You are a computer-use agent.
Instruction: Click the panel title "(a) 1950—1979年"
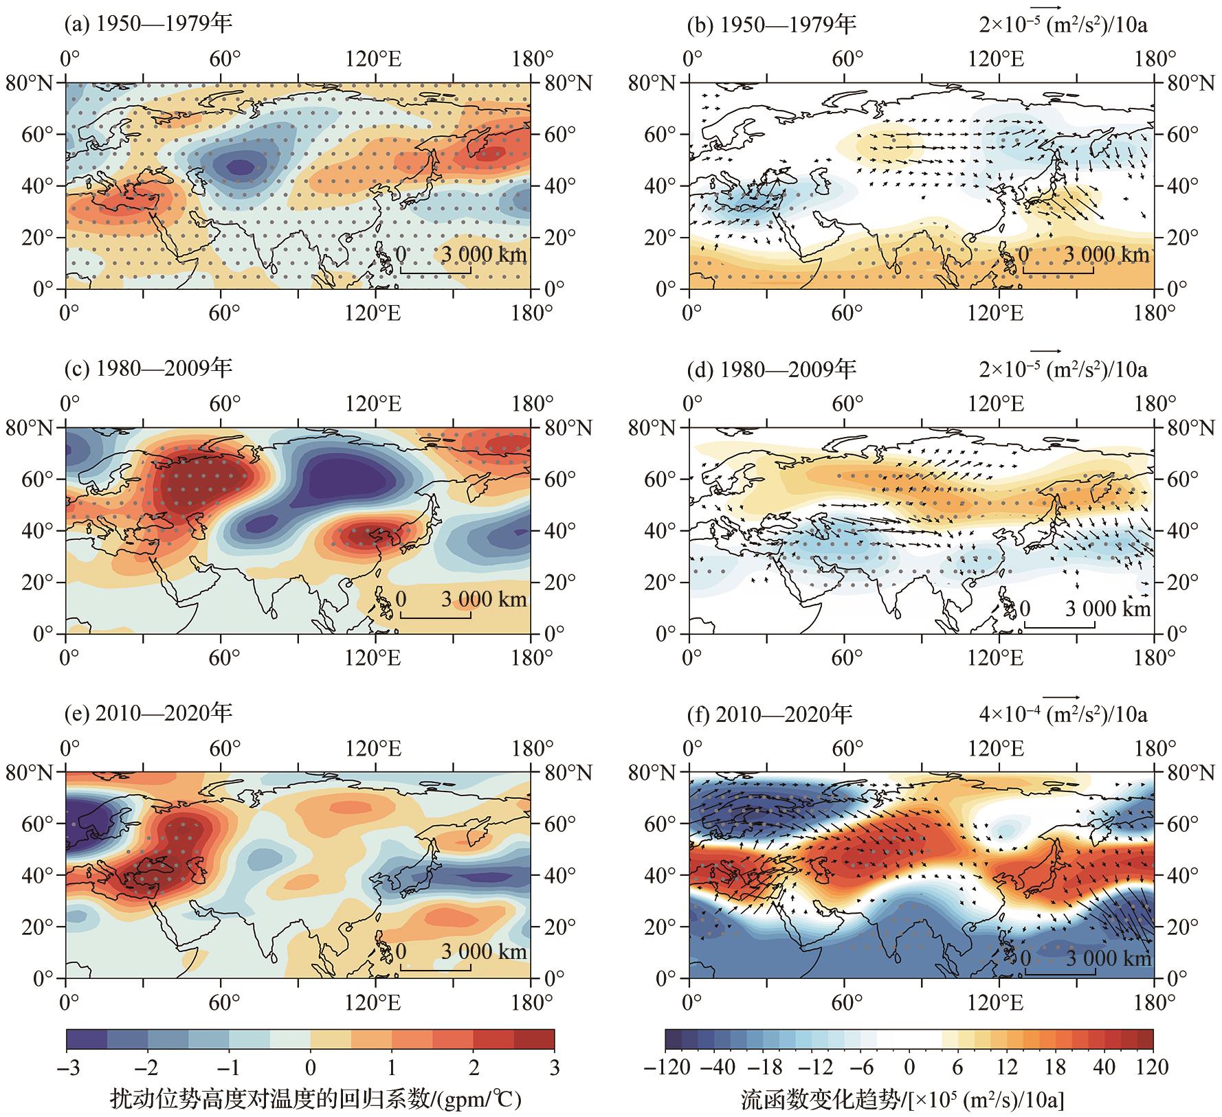(x=148, y=25)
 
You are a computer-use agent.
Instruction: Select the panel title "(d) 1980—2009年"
(x=771, y=370)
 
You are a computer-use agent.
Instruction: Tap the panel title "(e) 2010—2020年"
(x=148, y=714)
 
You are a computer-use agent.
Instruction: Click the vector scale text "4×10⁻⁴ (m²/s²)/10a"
(x=1063, y=714)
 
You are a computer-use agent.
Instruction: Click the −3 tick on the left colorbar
(x=67, y=1068)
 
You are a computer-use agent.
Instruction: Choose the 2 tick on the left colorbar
(x=473, y=1068)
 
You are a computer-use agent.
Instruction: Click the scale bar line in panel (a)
(x=435, y=273)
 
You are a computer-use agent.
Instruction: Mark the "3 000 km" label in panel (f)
(x=1108, y=958)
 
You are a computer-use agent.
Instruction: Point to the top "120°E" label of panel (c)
(x=375, y=403)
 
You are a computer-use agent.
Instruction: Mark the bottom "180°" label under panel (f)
(x=1151, y=1002)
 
